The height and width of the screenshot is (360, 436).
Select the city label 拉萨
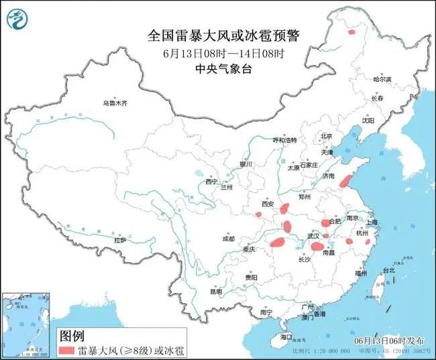point(120,240)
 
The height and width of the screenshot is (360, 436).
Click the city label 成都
point(229,239)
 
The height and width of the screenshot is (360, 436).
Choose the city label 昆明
point(216,292)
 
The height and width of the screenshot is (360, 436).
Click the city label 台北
point(388,270)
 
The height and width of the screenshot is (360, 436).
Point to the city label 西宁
point(212,182)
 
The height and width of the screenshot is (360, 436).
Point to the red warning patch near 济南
point(345,181)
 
